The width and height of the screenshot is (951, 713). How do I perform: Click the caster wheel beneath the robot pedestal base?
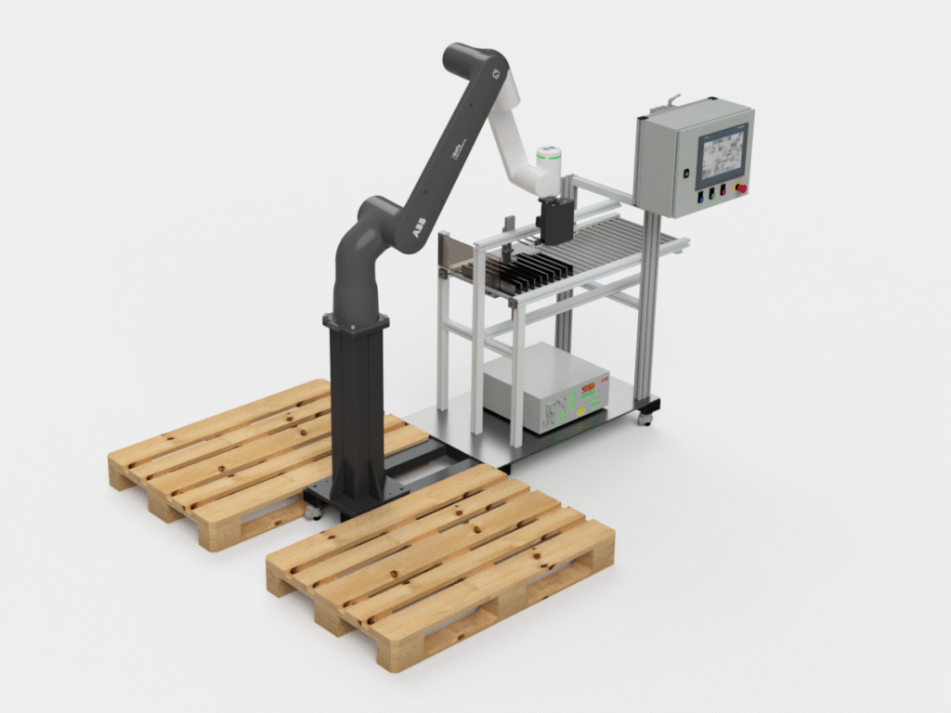click(x=312, y=510)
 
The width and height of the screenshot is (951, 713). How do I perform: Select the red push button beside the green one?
click(x=723, y=191)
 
